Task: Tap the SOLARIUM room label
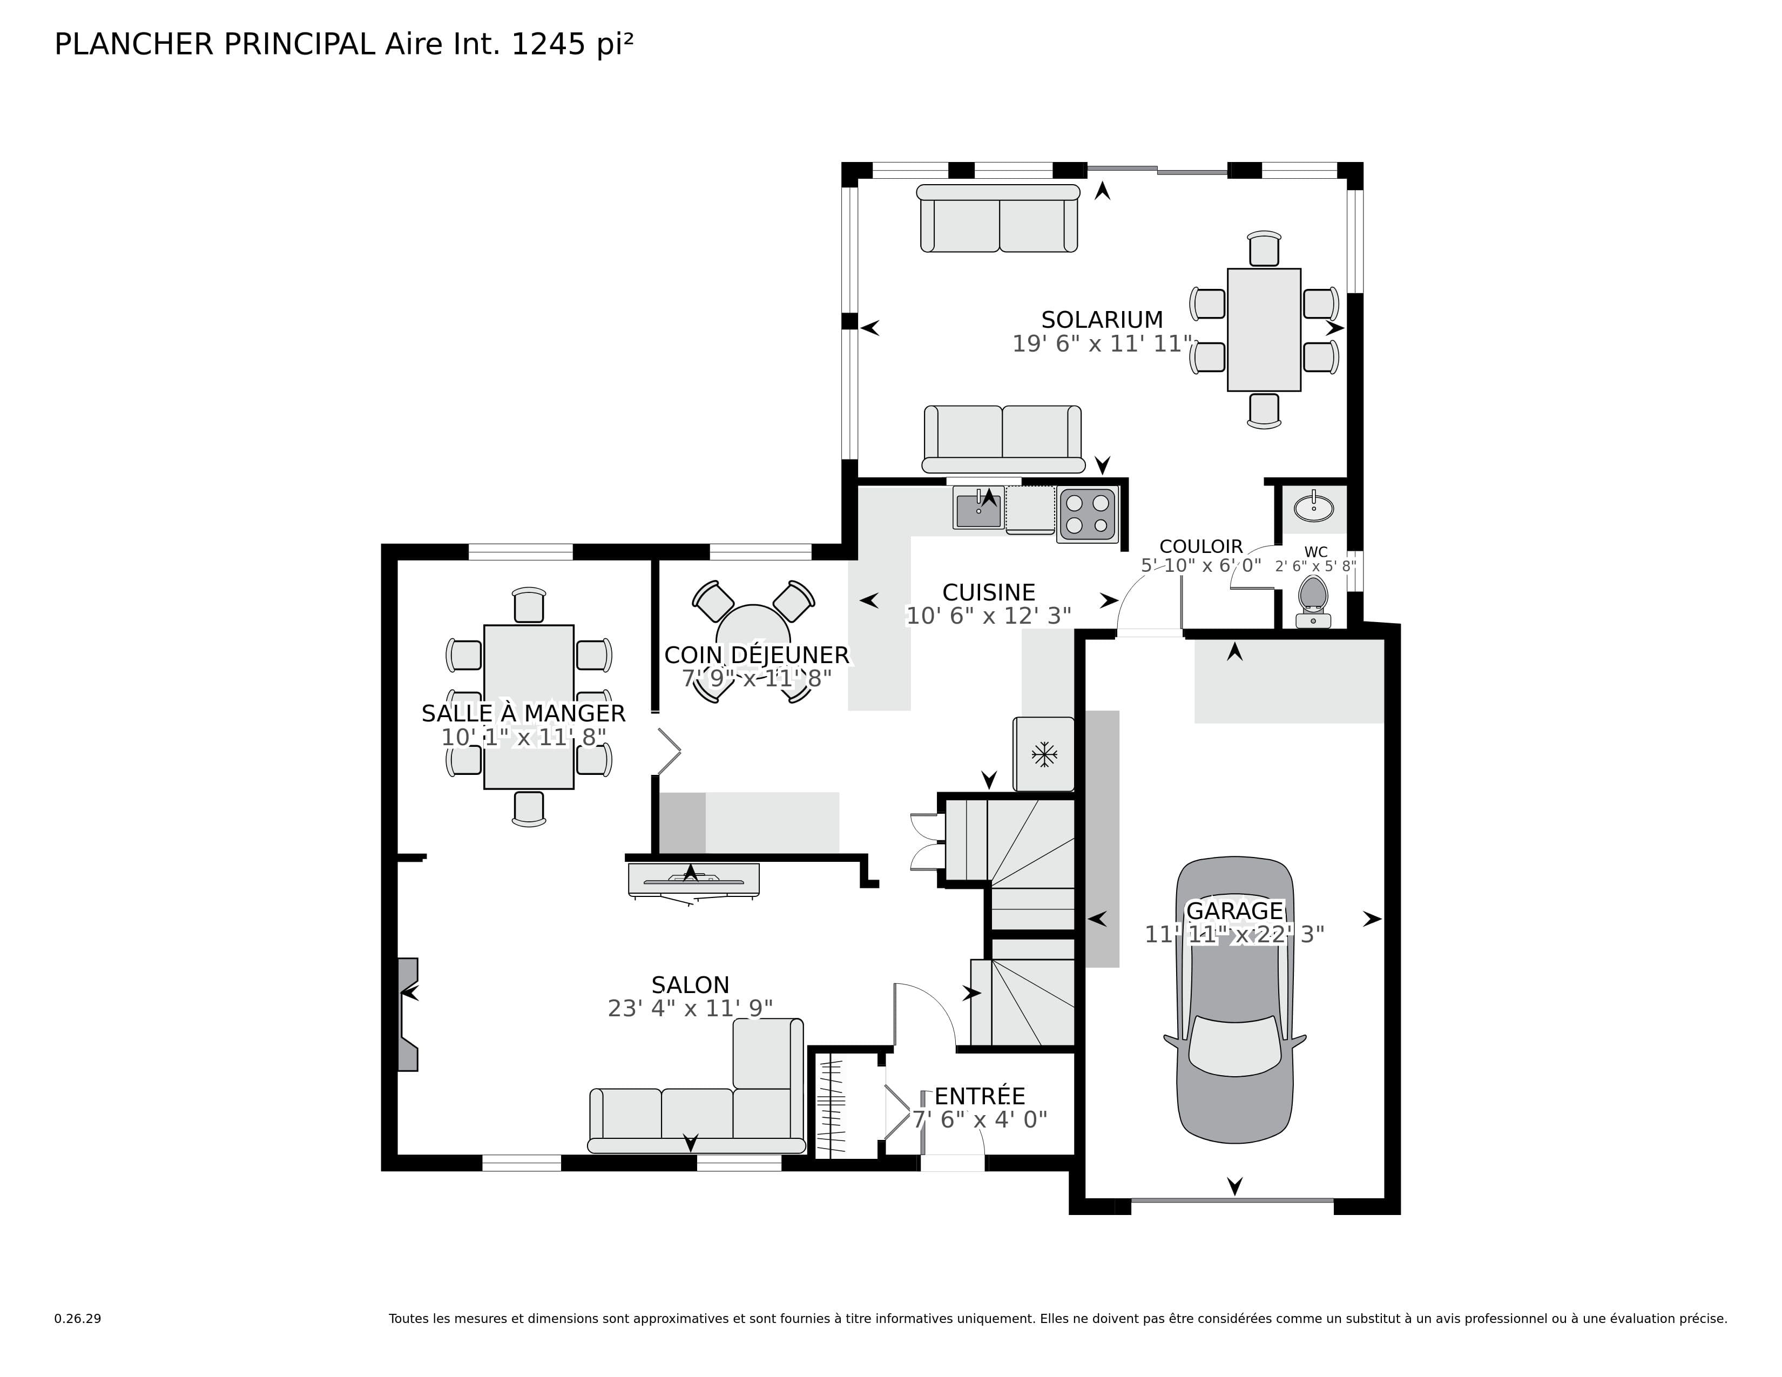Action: pyautogui.click(x=1102, y=320)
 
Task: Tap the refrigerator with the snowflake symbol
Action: pyautogui.click(x=1044, y=754)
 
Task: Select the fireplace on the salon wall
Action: pyautogui.click(x=407, y=1014)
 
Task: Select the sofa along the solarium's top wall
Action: pyautogui.click(x=998, y=220)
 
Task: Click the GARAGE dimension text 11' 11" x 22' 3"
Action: pyautogui.click(x=1234, y=935)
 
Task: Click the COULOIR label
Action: pyautogui.click(x=1201, y=546)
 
